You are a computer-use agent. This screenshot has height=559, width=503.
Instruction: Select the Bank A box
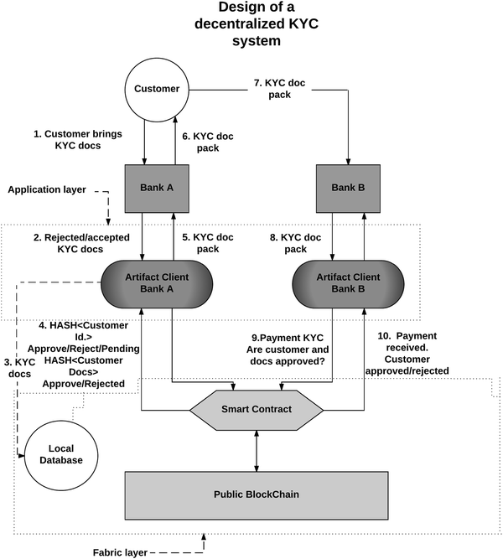point(159,188)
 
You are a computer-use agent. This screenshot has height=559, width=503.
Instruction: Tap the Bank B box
point(347,188)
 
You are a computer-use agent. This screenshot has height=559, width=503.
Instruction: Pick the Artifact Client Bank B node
point(347,282)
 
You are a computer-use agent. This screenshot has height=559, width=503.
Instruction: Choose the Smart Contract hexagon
point(256,410)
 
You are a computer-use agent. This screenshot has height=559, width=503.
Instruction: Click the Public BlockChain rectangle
point(256,494)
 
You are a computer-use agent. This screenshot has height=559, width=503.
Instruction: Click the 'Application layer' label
point(47,189)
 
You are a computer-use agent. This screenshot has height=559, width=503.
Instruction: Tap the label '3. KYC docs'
point(20,366)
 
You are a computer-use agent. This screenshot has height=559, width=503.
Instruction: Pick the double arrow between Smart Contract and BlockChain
point(256,450)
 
